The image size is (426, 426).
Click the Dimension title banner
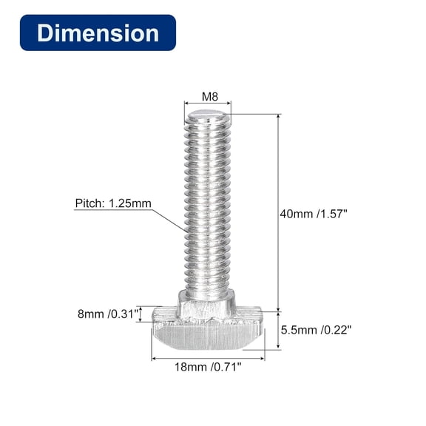[98, 33]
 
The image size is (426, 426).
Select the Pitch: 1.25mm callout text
[112, 203]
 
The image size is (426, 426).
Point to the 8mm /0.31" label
[108, 314]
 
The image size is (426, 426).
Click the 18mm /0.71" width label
[207, 365]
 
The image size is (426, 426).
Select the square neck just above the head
[207, 303]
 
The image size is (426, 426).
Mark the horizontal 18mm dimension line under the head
[207, 358]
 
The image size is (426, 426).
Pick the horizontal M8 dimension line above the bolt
[207, 104]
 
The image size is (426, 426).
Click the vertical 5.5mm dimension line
[279, 330]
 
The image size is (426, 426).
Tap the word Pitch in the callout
[89, 203]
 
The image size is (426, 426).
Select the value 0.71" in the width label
[227, 365]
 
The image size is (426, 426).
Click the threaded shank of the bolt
[207, 207]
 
